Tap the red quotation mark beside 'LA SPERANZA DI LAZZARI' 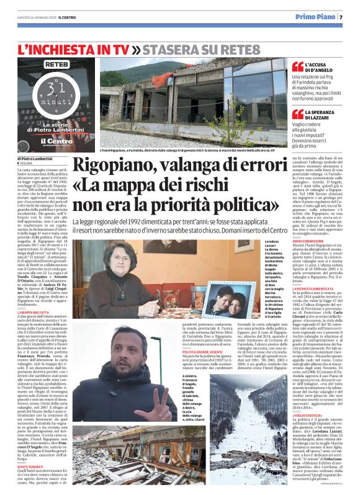coord(297,115)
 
